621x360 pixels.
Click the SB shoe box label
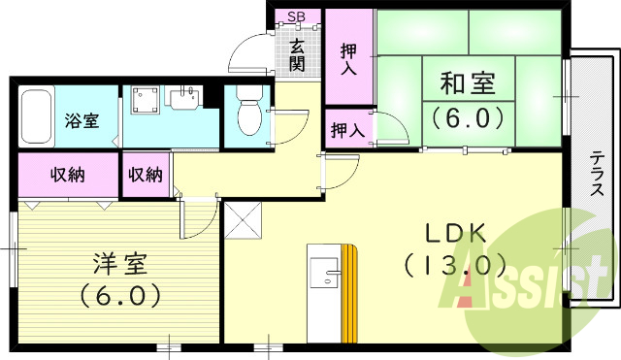(x=297, y=16)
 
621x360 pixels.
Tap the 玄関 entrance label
(x=298, y=54)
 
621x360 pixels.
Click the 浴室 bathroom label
(x=81, y=121)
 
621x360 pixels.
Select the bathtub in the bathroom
(x=37, y=116)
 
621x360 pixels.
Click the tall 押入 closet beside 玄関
(x=348, y=58)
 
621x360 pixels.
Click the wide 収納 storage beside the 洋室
(x=66, y=176)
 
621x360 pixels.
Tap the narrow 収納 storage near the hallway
(x=146, y=176)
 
